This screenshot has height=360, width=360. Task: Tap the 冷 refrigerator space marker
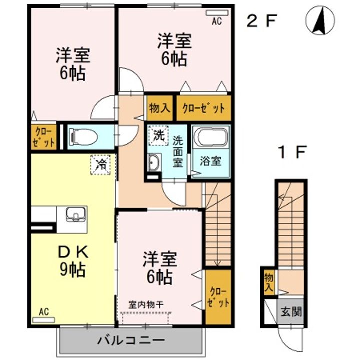click(x=101, y=164)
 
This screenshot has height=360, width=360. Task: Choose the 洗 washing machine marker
click(x=158, y=134)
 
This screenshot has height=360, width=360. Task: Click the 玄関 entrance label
click(x=290, y=313)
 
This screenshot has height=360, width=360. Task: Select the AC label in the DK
click(x=44, y=312)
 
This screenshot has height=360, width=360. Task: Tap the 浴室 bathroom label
click(x=210, y=161)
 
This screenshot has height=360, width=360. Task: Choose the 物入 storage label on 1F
click(x=269, y=283)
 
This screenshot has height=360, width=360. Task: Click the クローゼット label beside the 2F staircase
click(x=218, y=296)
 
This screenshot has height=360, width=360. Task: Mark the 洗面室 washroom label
click(x=178, y=152)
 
